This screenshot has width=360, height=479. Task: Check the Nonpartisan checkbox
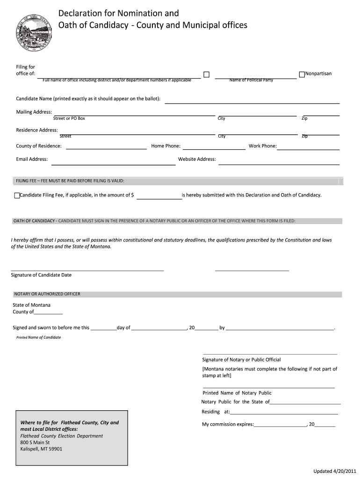(302, 74)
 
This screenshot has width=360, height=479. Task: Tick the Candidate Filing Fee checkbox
(17, 196)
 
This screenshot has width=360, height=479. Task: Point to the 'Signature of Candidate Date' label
(41, 275)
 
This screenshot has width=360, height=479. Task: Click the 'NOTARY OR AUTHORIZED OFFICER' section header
(47, 294)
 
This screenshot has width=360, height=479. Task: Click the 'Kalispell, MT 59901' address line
(41, 449)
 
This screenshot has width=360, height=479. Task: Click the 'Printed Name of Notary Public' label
(237, 393)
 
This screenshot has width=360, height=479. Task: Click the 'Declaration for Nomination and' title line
(118, 13)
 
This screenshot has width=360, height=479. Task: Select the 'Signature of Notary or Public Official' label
(241, 360)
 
